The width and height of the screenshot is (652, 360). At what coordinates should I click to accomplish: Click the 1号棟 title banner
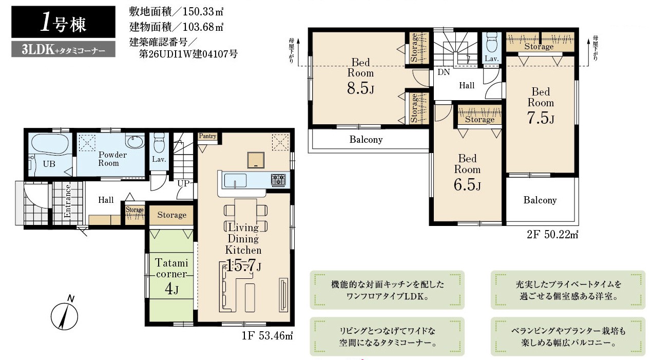[63, 22]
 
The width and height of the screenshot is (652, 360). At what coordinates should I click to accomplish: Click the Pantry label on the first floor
[207, 136]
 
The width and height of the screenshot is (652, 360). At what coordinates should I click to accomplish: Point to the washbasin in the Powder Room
[135, 141]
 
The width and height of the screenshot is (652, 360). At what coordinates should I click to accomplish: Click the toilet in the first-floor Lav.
[159, 143]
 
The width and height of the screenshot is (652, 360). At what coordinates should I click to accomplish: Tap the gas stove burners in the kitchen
[278, 180]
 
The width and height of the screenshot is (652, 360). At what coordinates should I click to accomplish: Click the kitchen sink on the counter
[235, 181]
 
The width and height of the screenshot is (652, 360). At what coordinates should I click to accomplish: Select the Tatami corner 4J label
[171, 275]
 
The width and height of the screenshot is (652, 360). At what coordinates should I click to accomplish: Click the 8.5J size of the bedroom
[360, 87]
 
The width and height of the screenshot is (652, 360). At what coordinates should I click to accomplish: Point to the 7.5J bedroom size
[541, 118]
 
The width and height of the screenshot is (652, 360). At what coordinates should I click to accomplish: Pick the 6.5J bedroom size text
[467, 184]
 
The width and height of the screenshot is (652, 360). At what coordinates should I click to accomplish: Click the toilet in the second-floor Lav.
[492, 42]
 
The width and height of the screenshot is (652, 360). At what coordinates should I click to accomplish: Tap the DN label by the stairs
[444, 72]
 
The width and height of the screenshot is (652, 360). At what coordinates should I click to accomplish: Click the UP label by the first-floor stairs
[183, 183]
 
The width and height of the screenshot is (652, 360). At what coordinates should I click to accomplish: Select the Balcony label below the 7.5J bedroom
[540, 200]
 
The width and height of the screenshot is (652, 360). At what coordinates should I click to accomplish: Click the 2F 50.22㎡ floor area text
[552, 235]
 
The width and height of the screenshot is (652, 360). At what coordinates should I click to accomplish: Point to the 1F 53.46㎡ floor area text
[267, 336]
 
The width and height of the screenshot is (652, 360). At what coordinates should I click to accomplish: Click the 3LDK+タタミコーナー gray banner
[63, 49]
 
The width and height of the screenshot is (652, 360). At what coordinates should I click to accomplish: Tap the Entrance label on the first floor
[68, 201]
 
